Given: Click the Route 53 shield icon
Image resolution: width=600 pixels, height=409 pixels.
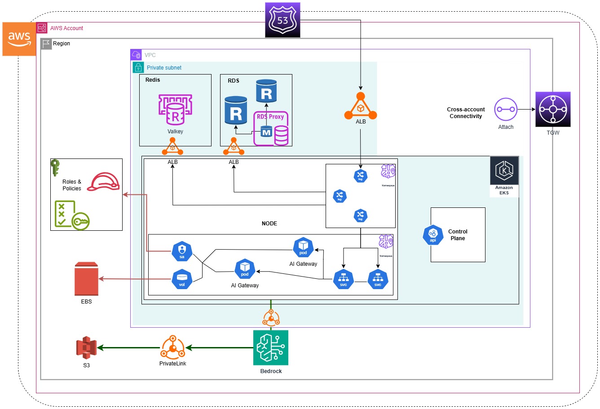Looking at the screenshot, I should tap(282, 20).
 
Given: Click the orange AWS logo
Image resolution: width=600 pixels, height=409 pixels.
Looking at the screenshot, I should tap(19, 39).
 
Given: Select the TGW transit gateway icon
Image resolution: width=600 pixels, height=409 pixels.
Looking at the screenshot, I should tap(553, 110).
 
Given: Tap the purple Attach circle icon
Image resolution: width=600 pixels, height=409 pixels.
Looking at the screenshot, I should tap(506, 109).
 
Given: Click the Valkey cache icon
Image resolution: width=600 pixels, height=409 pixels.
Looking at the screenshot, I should tap(175, 109).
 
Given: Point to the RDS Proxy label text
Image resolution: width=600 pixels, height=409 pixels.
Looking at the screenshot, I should tap(270, 117).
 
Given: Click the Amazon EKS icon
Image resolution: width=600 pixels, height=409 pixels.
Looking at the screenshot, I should tap(504, 171).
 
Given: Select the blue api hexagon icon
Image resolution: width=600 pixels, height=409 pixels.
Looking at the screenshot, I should tap(433, 235).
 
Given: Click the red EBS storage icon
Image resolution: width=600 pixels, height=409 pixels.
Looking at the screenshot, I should tap(86, 279).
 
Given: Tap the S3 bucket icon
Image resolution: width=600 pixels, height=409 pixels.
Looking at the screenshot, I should tap(86, 348).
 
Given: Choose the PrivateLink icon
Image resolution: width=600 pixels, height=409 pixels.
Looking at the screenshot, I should tap(173, 347).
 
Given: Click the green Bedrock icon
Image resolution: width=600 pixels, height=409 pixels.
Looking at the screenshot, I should tap(271, 348).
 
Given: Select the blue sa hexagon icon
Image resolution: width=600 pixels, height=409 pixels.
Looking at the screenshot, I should tap(182, 251).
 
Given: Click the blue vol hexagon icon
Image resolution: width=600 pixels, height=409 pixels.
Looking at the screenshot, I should tap(182, 279).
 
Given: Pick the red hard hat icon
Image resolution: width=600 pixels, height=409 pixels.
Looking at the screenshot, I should tap(103, 182).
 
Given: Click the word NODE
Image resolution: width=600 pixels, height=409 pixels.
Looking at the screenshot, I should tap(269, 224).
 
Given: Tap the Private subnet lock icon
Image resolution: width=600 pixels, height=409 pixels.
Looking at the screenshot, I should tap(138, 68).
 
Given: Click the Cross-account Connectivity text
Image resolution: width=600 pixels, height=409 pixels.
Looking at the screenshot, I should tap(466, 113).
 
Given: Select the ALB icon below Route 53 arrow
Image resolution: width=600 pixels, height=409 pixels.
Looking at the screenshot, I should tap(360, 107).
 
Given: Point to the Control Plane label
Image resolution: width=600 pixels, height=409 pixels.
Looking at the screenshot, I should tap(458, 235).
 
